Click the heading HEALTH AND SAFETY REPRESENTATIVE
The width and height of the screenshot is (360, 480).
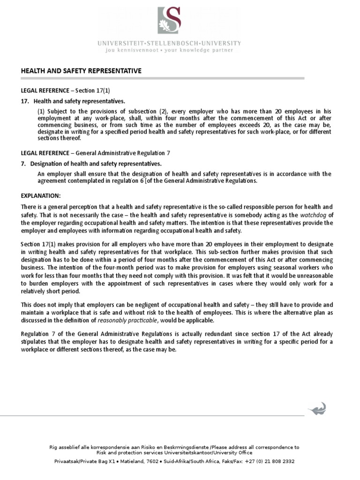[x=81, y=71]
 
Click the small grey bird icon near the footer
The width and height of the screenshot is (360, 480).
[x=317, y=408]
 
